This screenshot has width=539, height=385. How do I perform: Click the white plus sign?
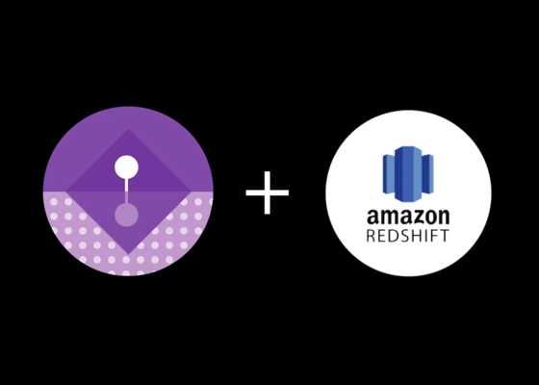tap(268, 192)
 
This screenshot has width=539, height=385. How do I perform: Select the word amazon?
tap(408, 217)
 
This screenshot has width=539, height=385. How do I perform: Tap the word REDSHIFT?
tap(408, 236)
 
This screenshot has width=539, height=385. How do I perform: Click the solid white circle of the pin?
tap(126, 167)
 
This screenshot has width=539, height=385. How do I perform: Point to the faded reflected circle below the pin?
tap(126, 216)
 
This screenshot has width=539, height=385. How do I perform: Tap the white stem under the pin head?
tap(126, 185)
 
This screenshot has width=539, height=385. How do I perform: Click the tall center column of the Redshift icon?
tap(408, 174)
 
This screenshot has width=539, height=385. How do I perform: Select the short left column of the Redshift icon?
tap(389, 174)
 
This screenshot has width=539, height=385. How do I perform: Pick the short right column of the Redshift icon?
tap(427, 174)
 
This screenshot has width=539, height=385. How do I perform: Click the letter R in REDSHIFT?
tap(372, 236)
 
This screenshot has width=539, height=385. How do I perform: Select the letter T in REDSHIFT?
tap(445, 236)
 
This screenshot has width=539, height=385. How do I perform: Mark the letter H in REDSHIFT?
tap(415, 236)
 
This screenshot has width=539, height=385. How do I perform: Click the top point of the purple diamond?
tap(129, 129)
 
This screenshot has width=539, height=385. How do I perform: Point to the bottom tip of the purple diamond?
tap(129, 255)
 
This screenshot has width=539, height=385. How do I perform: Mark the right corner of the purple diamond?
tap(192, 192)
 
